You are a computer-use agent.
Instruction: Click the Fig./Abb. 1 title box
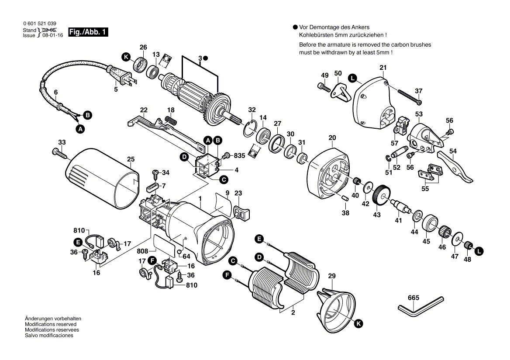click(88, 32)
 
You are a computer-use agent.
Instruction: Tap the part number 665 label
click(413, 298)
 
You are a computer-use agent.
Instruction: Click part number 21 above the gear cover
click(383, 68)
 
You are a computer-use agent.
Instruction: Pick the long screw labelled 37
click(409, 96)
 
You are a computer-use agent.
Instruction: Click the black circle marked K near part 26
click(126, 57)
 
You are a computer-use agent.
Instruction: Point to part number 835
click(240, 155)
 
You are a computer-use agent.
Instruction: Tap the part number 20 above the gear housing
click(332, 138)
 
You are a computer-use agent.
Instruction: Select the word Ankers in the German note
click(372, 27)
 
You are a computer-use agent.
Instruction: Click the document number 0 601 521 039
click(39, 23)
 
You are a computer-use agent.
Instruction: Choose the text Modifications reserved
click(51, 324)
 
